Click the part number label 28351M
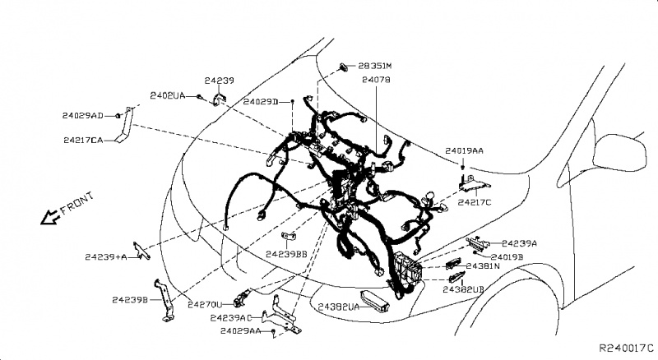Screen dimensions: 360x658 [375, 65]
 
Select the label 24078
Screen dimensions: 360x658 [376, 81]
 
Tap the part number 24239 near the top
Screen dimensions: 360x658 [220, 81]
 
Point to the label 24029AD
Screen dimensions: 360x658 [82, 115]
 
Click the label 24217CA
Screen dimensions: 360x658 [82, 141]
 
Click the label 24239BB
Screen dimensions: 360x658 [286, 255]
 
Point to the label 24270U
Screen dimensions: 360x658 [205, 304]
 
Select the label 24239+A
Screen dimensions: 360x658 [105, 257]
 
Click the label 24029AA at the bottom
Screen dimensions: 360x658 [241, 330]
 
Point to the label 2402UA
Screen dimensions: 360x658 [167, 96]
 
